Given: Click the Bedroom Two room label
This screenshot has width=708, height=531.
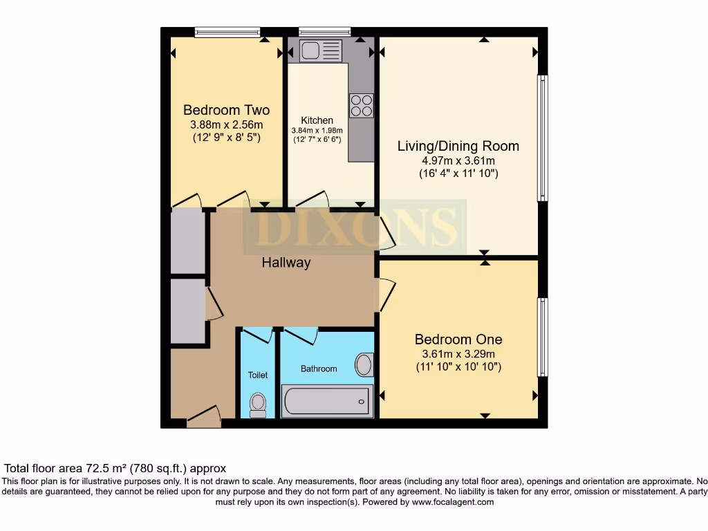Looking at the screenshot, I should (x=226, y=110).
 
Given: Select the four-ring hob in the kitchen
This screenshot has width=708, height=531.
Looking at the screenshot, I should (x=361, y=105).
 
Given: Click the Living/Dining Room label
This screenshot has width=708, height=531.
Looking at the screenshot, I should (x=458, y=146).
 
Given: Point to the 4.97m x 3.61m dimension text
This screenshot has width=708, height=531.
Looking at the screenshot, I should (x=458, y=160).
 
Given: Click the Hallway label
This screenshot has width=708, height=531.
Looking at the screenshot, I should (x=286, y=263).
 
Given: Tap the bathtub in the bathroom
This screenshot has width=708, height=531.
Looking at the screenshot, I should (x=327, y=400).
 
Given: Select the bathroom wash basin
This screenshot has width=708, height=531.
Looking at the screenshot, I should (x=364, y=364).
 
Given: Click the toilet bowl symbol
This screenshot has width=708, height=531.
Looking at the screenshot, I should (x=257, y=404).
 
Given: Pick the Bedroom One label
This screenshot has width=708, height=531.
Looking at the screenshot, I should (x=458, y=339).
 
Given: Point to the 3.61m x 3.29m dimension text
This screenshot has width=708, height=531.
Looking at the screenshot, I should (x=458, y=353).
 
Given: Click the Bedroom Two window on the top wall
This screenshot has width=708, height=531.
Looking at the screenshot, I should (x=227, y=31).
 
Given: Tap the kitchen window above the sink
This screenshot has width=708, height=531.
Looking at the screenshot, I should (x=324, y=31).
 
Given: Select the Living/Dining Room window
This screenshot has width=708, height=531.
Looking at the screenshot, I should (x=543, y=138).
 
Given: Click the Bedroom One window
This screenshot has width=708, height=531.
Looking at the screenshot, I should (x=543, y=337).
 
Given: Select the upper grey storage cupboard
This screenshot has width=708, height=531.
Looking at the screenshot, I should (x=188, y=241).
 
